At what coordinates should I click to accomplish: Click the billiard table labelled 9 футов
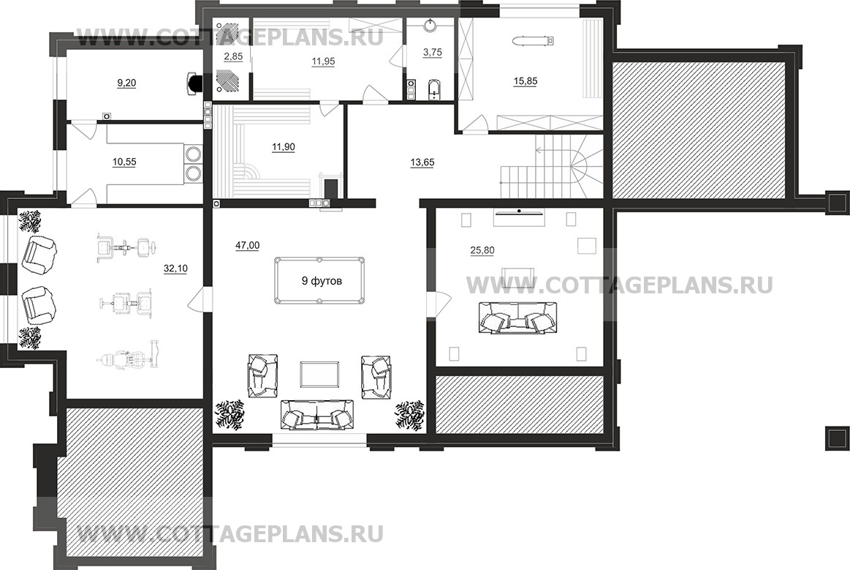coord(320,280)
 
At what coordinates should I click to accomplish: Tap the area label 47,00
coord(247,245)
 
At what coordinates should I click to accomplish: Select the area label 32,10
coord(175,269)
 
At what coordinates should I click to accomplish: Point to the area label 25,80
coord(482,250)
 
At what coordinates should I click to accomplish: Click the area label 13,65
coord(422,162)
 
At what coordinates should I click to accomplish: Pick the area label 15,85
coord(525,81)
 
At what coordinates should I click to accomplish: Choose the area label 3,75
coord(433,52)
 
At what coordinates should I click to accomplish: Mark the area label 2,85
coord(233,56)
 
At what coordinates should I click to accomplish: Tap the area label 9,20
coord(126,83)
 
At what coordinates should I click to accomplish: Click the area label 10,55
coord(124,162)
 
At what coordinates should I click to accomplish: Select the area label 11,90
coord(284,146)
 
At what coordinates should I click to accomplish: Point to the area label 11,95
coord(322,61)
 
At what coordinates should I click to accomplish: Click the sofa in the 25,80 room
coord(517,318)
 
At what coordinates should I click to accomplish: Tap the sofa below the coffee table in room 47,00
coord(317,416)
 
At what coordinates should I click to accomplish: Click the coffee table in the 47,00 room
coord(320,375)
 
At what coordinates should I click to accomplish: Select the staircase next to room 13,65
coord(551,168)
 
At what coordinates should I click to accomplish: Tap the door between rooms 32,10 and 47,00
coord(198,298)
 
